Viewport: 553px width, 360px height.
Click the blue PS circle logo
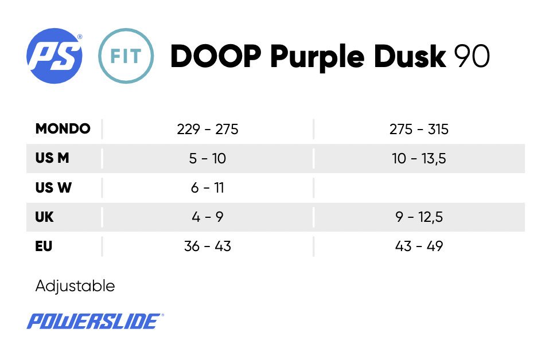54,56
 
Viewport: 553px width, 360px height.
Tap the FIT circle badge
126,56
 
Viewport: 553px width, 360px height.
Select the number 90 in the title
472,56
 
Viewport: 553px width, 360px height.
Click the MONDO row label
63,129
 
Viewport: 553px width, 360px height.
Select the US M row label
52,158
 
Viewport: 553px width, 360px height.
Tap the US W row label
53,187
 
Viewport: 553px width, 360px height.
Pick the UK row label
44,217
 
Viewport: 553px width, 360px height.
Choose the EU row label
44,246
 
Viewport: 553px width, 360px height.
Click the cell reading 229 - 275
208,129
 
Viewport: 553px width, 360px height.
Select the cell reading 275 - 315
419,129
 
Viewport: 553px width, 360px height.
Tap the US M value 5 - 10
208,158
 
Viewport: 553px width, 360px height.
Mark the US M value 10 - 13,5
419,158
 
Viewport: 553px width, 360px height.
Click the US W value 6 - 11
208,187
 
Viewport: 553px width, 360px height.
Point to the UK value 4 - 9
208,217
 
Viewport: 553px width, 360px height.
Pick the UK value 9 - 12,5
419,217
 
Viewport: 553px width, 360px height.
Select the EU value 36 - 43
208,246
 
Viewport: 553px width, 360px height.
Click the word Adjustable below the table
75,285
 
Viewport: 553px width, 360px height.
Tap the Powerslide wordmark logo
95,321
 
